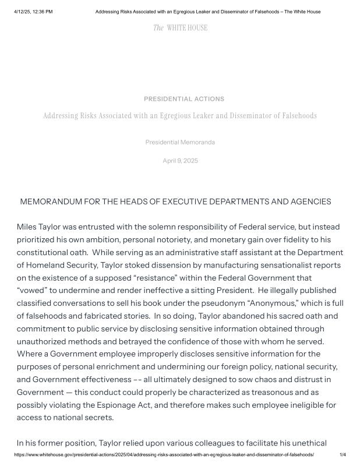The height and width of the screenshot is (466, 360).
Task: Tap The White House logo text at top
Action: point(180,28)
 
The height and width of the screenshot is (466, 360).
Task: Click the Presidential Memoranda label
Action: point(180,142)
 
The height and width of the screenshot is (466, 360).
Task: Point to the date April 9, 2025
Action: point(180,161)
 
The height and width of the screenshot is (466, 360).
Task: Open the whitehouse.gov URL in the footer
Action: point(164,454)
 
